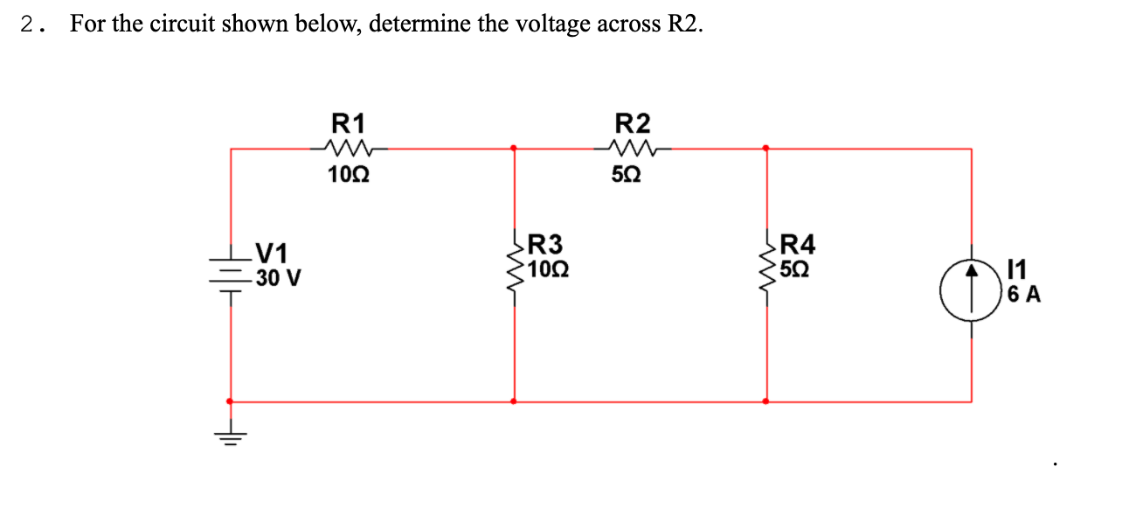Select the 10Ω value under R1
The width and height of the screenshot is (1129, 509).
tap(349, 175)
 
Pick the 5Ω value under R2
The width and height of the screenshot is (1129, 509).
tap(632, 175)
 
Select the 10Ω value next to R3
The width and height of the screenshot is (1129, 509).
tap(549, 269)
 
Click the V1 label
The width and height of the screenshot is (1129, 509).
tap(271, 254)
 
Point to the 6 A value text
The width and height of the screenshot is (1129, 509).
tap(1023, 295)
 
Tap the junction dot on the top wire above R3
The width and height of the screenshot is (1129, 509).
tap(514, 148)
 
